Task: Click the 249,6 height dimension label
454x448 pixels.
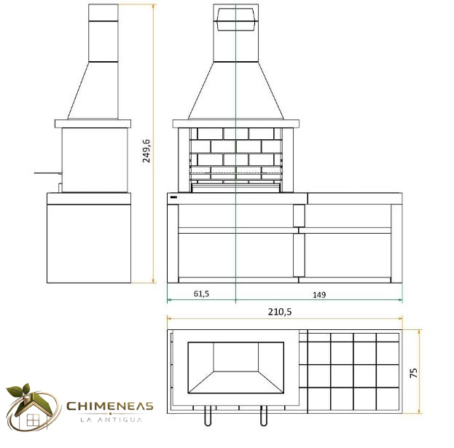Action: pos(146,151)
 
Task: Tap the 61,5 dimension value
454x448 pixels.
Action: pos(201,294)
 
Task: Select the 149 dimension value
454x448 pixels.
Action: pos(319,294)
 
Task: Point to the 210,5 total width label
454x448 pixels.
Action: pos(280,312)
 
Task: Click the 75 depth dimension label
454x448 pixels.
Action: pos(414,373)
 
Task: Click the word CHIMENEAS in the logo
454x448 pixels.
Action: pos(110,406)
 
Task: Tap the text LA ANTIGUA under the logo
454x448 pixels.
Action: pos(111,420)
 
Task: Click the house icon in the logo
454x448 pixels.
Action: pos(32,411)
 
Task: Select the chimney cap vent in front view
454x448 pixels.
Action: pos(235,20)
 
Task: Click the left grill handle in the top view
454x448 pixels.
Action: pos(208,415)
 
